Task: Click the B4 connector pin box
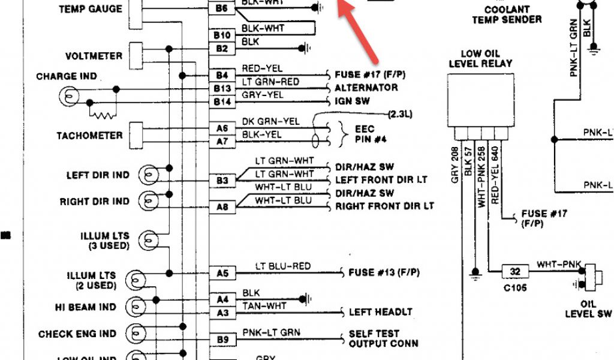[222, 75]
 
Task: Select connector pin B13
[222, 89]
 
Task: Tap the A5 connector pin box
[222, 274]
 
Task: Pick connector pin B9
[222, 340]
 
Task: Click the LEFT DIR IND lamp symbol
[148, 175]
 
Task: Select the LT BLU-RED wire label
[283, 266]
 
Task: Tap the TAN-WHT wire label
[264, 306]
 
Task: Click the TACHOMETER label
[89, 136]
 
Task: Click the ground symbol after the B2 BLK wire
[308, 47]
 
